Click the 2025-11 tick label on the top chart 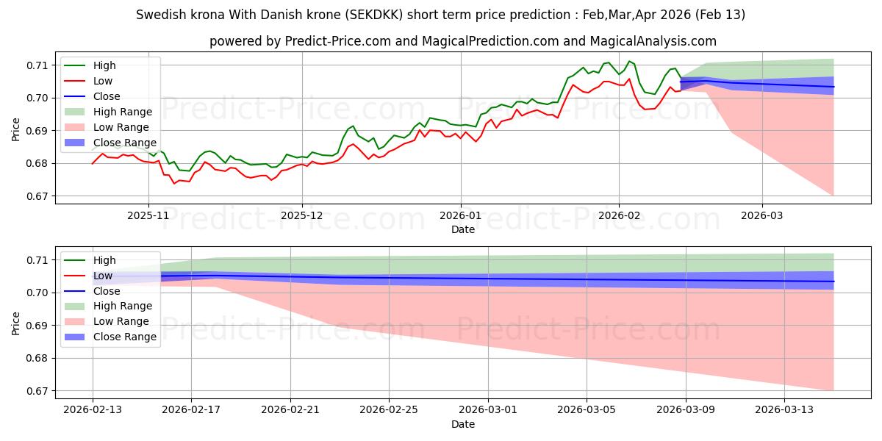coord(148,215)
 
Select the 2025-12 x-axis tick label coord(302,215)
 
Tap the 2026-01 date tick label coord(461,215)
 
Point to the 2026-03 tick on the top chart coord(761,215)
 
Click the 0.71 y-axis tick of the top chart coord(37,65)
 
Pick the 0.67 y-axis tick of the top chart coord(37,196)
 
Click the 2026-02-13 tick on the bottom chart coord(93,410)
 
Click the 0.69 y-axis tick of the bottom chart coord(37,326)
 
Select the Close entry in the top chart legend coord(107,96)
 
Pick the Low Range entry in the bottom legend coord(121,321)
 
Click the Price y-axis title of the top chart coord(16,130)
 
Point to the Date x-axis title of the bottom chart coord(463,424)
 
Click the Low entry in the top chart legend coord(103,81)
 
